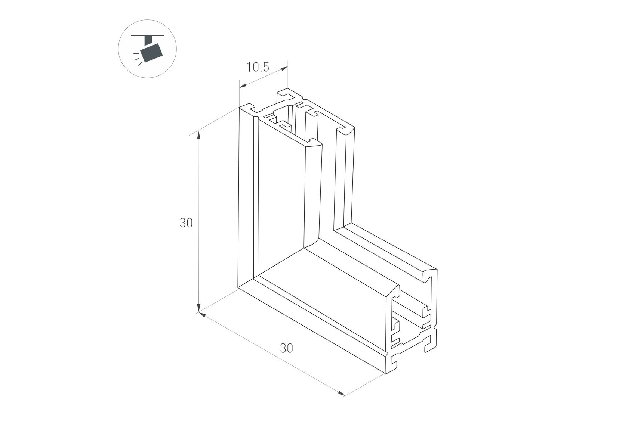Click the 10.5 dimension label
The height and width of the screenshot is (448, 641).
pyautogui.click(x=258, y=67)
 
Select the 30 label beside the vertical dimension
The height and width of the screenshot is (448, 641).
pyautogui.click(x=186, y=223)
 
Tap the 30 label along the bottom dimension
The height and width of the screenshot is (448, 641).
pyautogui.click(x=286, y=348)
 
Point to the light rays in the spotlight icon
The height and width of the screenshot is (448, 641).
pyautogui.click(x=138, y=59)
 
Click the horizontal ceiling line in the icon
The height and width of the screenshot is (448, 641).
pyautogui.click(x=147, y=35)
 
